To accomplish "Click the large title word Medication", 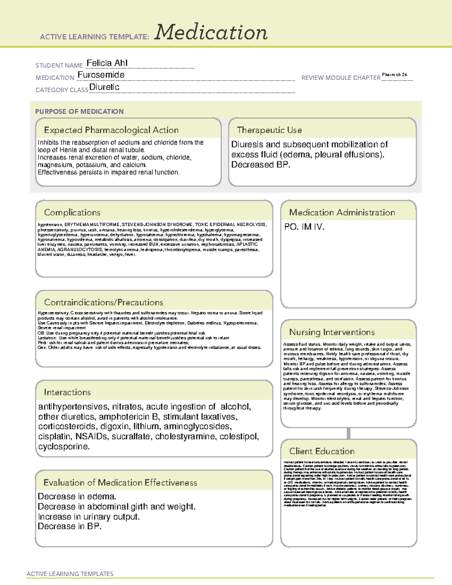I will tap(211, 32).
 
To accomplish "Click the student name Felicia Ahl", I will tap(107, 63).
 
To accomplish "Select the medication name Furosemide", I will tap(101, 75).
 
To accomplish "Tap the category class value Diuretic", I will tap(104, 87).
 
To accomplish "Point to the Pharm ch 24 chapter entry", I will tap(395, 75).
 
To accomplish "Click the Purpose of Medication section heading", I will tap(79, 112).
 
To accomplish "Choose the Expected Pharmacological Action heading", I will tap(111, 130).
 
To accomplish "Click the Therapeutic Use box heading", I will tap(269, 130).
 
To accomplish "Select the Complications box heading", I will tap(72, 212).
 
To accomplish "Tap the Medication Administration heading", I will tap(342, 212).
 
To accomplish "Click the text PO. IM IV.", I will tap(304, 227).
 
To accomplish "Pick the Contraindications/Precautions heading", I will tap(104, 302).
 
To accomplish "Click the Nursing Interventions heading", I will tap(332, 332).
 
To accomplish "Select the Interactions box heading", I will tap(67, 393).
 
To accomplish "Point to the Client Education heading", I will tap(322, 451).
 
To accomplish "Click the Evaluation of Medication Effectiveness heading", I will tap(120, 483).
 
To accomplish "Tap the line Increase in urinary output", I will tap(89, 517).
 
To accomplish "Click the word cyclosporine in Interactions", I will tap(64, 447).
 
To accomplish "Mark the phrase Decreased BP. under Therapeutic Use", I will tap(261, 165).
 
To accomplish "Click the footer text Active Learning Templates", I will tap(70, 574).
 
